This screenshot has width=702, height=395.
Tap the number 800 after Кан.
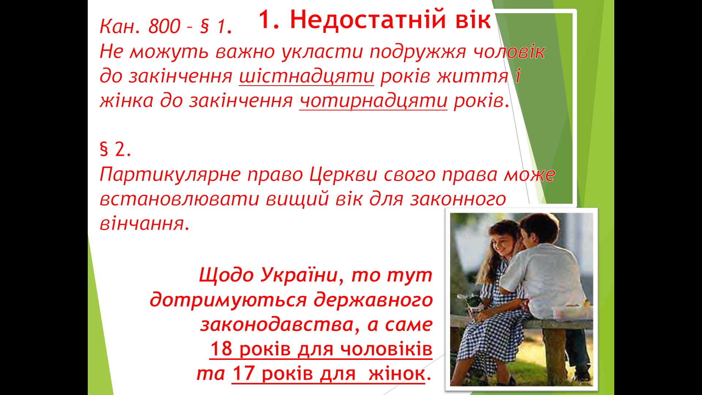tap(164, 26)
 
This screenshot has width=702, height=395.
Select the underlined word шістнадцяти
tap(306, 76)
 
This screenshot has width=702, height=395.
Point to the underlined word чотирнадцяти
tap(373, 101)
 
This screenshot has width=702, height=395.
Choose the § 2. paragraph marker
tap(116, 149)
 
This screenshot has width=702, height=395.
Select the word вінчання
tap(145, 223)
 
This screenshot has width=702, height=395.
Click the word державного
tap(373, 300)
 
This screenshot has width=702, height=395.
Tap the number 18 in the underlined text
tap(221, 349)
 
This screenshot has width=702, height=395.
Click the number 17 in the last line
tap(243, 373)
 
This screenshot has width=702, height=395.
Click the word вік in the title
tap(472, 20)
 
